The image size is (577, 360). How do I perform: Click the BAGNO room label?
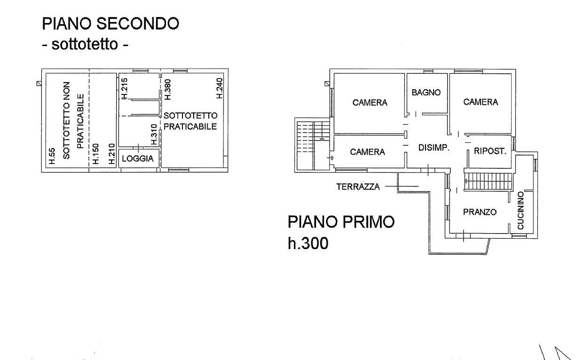coord(426,93)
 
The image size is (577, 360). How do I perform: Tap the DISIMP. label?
coord(434,148)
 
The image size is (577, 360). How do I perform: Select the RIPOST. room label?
coord(490,151)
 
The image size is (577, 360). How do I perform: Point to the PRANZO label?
coord(480,212)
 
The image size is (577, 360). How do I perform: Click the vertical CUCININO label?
coord(521,211)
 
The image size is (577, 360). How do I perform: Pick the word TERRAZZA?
coord(358,187)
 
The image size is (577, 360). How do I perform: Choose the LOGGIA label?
coord(138,159)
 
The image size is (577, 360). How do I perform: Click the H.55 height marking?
coord(52,157)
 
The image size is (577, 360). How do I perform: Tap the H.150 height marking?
coord(95,154)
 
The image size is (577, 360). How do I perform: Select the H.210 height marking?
coord(111,154)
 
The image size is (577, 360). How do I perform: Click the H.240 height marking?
coord(219,88)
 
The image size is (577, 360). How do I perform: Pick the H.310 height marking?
coord(154,134)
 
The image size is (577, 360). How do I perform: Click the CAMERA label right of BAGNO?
coord(481,102)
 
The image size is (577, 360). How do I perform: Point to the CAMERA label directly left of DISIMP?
coord(368,152)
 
